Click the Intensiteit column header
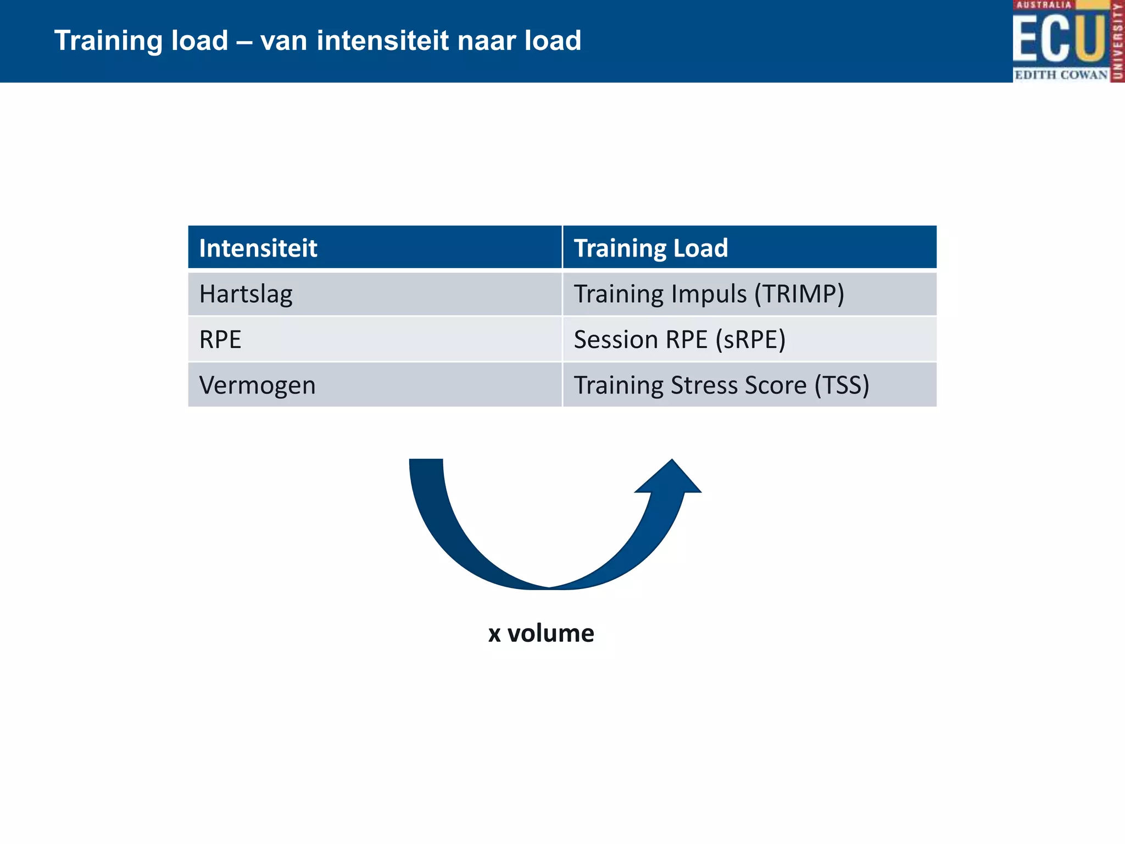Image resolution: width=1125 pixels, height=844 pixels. [258, 248]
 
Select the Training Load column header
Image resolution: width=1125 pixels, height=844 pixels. [650, 248]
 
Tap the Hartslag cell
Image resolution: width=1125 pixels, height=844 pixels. [246, 295]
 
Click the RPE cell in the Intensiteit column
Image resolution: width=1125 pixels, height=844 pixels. [220, 340]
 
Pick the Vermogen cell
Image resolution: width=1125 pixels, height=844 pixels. [257, 386]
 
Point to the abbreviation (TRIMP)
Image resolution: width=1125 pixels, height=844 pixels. [799, 295]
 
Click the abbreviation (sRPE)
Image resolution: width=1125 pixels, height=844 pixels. [750, 340]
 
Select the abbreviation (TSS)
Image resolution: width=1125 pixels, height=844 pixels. [842, 386]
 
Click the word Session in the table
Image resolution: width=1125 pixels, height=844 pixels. [616, 340]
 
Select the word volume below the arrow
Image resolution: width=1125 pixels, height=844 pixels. [550, 634]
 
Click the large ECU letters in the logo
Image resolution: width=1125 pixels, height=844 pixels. [1057, 38]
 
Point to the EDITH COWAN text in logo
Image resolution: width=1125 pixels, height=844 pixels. [1060, 75]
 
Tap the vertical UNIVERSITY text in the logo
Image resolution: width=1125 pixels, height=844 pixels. [1117, 41]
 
